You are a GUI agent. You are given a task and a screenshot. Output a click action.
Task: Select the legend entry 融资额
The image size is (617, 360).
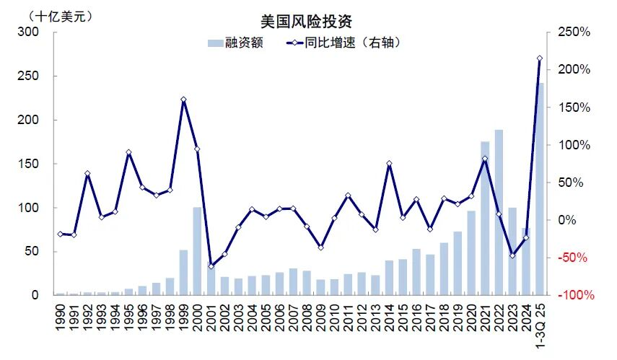235,43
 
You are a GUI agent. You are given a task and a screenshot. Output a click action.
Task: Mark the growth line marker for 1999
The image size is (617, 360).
183,100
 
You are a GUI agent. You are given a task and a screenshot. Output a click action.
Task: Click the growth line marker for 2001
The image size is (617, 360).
211,266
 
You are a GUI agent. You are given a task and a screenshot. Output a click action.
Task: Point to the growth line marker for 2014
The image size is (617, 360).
389,164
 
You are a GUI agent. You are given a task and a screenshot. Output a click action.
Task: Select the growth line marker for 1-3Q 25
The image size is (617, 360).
540,58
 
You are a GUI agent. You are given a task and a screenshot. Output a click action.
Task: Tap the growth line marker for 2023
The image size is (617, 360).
512,255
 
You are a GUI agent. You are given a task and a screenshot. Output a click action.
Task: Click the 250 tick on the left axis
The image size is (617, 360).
29,76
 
